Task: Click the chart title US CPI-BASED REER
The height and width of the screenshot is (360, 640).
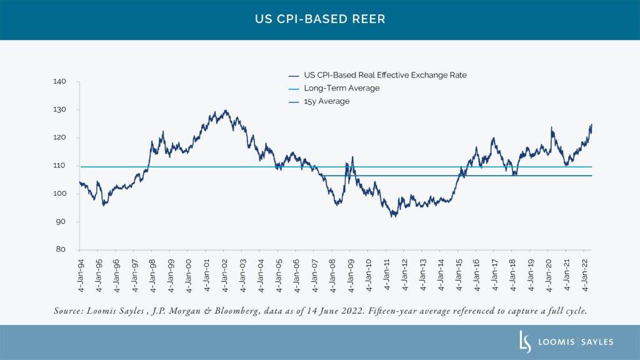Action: tap(319, 19)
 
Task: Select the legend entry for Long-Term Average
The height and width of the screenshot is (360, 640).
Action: tap(341, 88)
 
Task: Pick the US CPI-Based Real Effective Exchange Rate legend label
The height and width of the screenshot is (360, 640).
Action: tap(385, 75)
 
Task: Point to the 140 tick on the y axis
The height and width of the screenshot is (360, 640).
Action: tap(67, 82)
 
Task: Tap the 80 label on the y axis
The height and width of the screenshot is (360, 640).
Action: tap(69, 250)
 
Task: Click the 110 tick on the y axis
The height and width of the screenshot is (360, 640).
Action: tap(67, 166)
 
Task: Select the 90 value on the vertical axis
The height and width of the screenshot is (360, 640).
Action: tap(69, 222)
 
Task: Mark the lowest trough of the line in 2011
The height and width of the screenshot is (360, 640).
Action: tap(392, 216)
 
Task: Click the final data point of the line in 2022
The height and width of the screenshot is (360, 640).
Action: tap(591, 124)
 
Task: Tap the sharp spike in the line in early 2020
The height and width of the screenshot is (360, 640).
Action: tap(551, 127)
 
